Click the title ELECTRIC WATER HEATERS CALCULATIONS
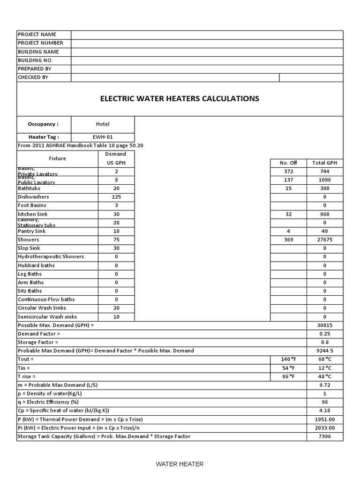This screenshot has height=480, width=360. click(180, 99)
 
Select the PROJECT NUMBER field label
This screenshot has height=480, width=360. click(40, 43)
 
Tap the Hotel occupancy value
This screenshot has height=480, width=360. click(103, 124)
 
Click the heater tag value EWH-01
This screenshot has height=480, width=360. click(103, 137)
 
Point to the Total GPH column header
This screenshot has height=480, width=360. click(325, 163)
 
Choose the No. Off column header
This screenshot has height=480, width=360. click(288, 163)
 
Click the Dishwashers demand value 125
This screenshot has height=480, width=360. click(116, 197)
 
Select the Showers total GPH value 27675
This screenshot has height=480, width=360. click(325, 240)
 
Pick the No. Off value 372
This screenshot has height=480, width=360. click(288, 172)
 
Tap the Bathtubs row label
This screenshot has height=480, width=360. click(30, 188)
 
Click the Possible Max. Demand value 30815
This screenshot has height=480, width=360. click(325, 325)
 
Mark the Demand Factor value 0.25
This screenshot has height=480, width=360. click(325, 334)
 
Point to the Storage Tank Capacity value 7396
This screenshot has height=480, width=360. click(325, 436)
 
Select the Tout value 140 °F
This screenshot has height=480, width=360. click(288, 359)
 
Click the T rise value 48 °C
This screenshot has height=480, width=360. click(325, 376)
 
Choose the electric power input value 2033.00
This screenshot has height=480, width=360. click(325, 427)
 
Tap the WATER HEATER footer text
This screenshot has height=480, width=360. click(180, 464)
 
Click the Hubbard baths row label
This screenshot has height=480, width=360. click(36, 265)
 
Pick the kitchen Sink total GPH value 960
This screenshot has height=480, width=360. click(325, 214)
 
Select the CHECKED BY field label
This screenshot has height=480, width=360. click(33, 77)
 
